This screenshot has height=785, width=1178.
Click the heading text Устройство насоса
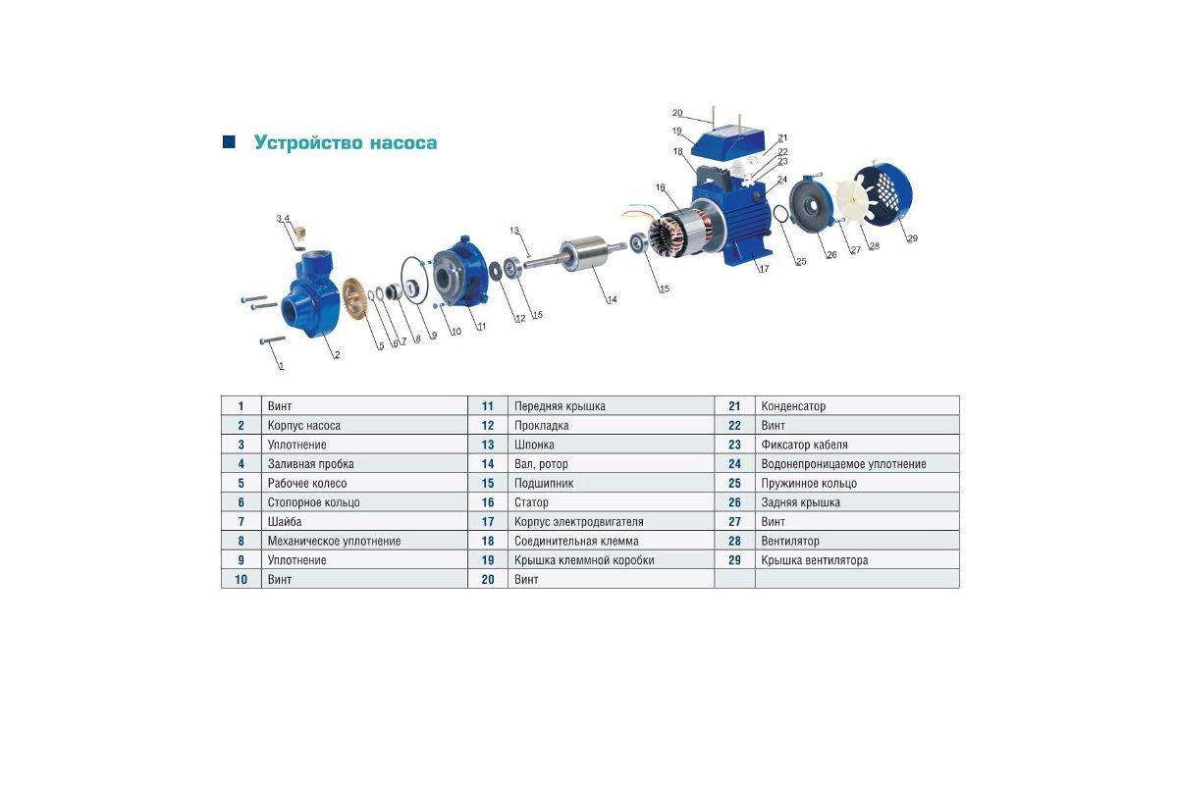[345, 142]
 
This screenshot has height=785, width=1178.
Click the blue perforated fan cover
[883, 194]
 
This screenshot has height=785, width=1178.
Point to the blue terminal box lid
[731, 140]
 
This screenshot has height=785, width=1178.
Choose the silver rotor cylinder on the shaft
[583, 254]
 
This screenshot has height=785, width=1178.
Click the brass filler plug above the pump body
[300, 233]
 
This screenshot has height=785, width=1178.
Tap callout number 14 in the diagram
[613, 299]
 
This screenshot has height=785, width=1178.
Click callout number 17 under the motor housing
[764, 269]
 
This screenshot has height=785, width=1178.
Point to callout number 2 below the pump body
[337, 355]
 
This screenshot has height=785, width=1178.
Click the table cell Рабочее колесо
[307, 483]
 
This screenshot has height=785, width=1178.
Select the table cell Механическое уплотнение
[334, 541]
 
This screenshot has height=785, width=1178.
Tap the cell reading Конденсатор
[793, 406]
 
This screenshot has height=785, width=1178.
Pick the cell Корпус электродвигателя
[578, 522]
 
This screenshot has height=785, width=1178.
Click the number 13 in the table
[488, 445]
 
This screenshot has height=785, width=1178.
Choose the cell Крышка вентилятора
[814, 560]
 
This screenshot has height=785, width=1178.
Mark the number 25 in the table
[734, 483]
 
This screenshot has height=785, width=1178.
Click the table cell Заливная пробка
[310, 464]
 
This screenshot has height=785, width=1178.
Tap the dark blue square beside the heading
[229, 141]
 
